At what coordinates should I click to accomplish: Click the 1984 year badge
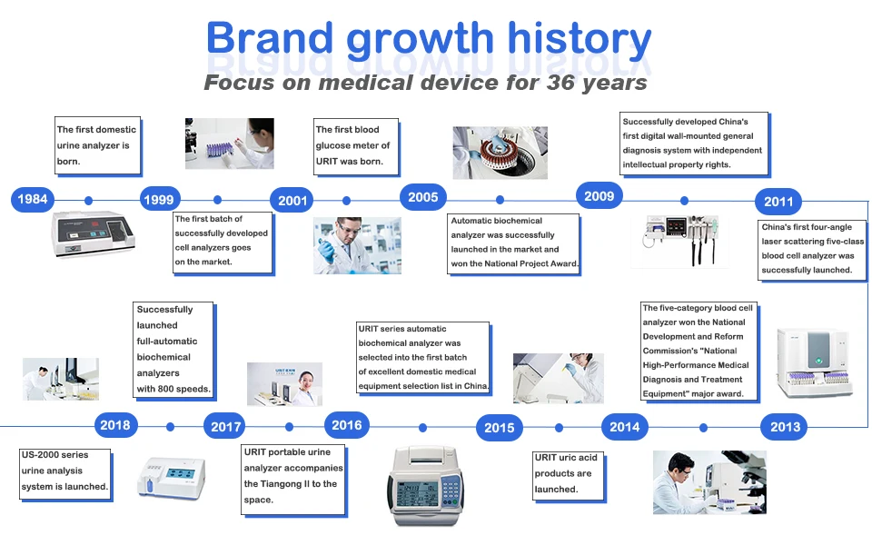tap(33, 199)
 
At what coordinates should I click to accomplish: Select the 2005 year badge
tap(422, 197)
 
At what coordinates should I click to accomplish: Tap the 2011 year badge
tap(778, 202)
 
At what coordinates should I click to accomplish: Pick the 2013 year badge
tap(785, 427)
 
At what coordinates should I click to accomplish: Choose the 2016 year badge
tap(346, 425)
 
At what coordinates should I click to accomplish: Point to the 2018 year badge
tap(115, 425)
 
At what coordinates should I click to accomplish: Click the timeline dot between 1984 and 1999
tap(88, 200)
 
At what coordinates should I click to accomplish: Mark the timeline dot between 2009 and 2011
tap(684, 200)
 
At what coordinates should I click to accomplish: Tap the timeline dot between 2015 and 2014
tap(559, 428)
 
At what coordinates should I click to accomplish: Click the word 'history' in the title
tap(579, 39)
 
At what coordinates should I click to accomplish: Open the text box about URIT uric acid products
tap(569, 476)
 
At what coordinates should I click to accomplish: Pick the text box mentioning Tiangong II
tap(293, 480)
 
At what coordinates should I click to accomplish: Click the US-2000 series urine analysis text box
tap(65, 474)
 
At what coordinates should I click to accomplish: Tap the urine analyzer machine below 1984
tap(93, 233)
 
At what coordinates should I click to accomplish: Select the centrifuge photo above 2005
tap(500, 153)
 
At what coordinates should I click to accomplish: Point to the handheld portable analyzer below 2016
tap(425, 485)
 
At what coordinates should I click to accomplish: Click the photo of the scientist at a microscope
tap(709, 481)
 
